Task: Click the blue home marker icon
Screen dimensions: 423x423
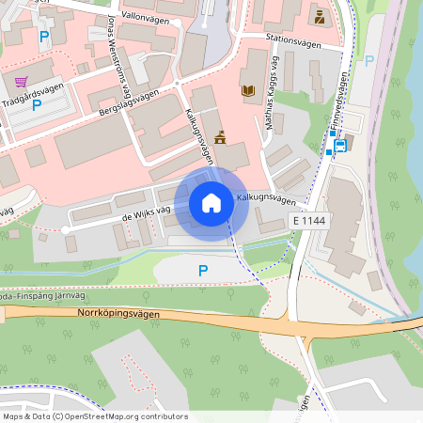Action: point(211,202)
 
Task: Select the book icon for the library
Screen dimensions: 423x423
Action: point(248,90)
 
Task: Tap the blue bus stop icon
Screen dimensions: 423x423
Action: point(339,145)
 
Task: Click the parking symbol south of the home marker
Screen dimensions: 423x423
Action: point(202,271)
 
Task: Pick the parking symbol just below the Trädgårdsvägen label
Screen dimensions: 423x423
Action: point(38,105)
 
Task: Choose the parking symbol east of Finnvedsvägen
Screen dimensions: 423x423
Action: point(368,60)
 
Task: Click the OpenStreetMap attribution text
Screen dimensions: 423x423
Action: point(95,416)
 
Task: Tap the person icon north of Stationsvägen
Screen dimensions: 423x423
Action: point(319,17)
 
